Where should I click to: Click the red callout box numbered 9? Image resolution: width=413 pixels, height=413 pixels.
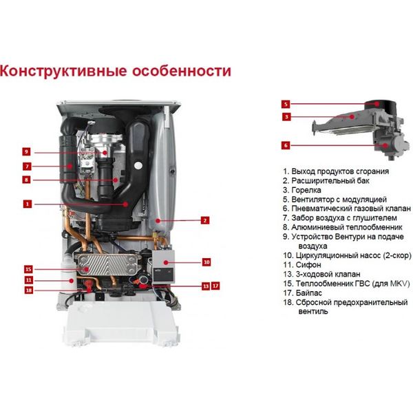point(26,151)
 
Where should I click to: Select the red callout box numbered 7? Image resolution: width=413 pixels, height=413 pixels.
point(27,167)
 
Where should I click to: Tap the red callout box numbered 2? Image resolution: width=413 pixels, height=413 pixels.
point(205,220)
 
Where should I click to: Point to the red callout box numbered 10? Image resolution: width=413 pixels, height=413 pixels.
point(206,262)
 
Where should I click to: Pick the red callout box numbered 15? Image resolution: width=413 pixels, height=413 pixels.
point(28,269)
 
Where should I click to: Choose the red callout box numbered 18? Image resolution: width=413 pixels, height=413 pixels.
point(28,290)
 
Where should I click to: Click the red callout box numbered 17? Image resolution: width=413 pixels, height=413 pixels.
point(215,286)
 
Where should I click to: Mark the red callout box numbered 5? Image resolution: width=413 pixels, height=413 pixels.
point(286,105)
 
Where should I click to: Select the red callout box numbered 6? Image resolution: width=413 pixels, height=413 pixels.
point(286,145)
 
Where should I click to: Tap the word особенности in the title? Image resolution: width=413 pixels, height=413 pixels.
point(182,72)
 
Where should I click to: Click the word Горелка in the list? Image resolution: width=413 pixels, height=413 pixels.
point(306,190)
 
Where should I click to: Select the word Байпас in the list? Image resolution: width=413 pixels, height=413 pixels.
point(308,293)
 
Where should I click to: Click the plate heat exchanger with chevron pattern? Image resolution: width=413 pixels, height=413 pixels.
point(107,264)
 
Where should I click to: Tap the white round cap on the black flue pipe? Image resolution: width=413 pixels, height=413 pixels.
point(138,166)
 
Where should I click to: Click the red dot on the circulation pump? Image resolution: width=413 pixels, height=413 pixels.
point(166,262)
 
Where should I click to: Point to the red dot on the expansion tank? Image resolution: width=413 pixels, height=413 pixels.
point(158,220)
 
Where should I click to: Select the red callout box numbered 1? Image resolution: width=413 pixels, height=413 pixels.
point(27,204)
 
